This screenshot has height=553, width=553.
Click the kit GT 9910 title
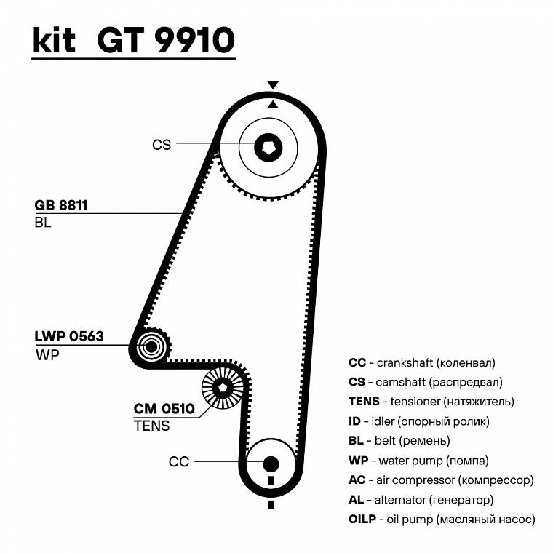point(133,41)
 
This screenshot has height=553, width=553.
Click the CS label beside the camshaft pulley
point(162,145)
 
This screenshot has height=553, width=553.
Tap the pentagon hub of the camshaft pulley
point(267,148)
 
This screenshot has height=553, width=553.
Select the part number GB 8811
point(61,205)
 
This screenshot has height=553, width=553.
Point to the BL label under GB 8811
point(42,223)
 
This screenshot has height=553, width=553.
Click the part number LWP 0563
point(69,336)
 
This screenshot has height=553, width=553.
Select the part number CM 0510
point(164,408)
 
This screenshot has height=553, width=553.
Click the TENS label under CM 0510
point(151,426)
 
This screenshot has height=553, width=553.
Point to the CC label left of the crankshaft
point(178,461)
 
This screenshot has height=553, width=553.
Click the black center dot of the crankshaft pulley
point(271,463)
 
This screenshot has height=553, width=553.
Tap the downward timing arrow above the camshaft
point(273,85)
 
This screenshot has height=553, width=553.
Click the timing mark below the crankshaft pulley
point(271,504)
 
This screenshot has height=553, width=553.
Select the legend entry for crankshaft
point(421,362)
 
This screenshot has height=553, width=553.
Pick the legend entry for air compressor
point(441,480)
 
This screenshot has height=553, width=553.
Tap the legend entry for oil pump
point(442,520)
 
